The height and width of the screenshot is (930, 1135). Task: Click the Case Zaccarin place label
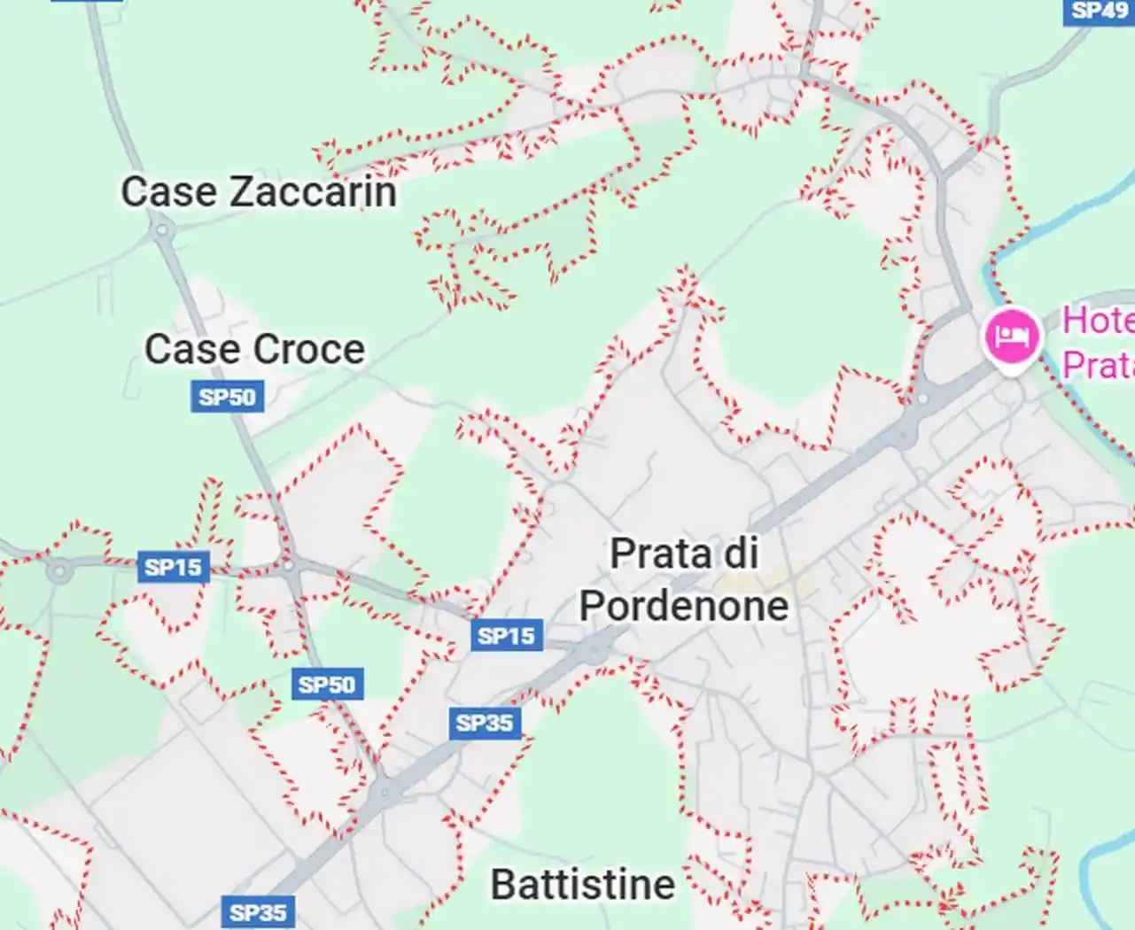coord(258,192)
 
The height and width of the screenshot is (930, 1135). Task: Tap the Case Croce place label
coord(254,349)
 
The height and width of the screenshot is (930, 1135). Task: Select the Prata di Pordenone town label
coord(683,579)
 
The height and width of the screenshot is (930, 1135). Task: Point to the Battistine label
coord(582,884)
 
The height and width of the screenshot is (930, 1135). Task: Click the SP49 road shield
coord(1098,11)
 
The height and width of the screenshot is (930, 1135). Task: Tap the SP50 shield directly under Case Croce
coord(227,397)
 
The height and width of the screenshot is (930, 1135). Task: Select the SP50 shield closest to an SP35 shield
coord(326,685)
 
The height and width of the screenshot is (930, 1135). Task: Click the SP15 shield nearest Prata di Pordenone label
coord(506,635)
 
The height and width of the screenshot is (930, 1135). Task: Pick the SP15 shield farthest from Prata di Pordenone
coord(173,567)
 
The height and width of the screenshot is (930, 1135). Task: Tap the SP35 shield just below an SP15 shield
coord(484,723)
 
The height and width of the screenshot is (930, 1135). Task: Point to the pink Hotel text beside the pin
coord(1098,321)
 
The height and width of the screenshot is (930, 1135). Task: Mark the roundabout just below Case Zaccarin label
coord(161,231)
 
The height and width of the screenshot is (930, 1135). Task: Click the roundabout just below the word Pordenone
coord(593,652)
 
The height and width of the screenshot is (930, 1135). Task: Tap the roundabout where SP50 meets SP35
coord(383,791)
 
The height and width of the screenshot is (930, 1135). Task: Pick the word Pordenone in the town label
coord(683,606)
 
